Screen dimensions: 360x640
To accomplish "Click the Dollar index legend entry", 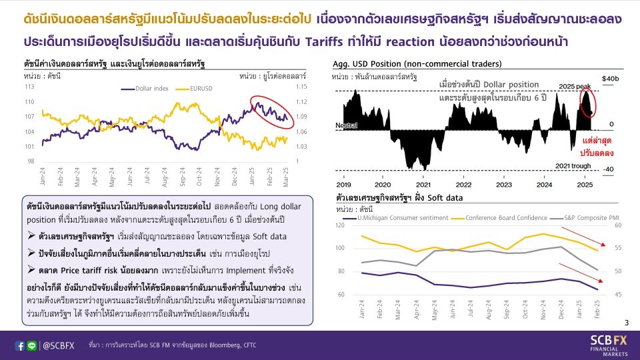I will [151, 88].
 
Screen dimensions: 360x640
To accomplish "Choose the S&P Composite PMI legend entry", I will [589, 217].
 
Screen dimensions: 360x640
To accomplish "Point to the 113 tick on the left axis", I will [29, 87].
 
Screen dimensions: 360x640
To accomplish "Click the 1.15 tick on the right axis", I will [303, 87].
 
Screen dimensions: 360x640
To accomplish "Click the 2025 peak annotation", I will [574, 87].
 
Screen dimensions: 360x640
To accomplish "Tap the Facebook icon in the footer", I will [20, 346].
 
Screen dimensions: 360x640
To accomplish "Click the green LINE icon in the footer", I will [32, 346].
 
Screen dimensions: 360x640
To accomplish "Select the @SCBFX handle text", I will [58, 346].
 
